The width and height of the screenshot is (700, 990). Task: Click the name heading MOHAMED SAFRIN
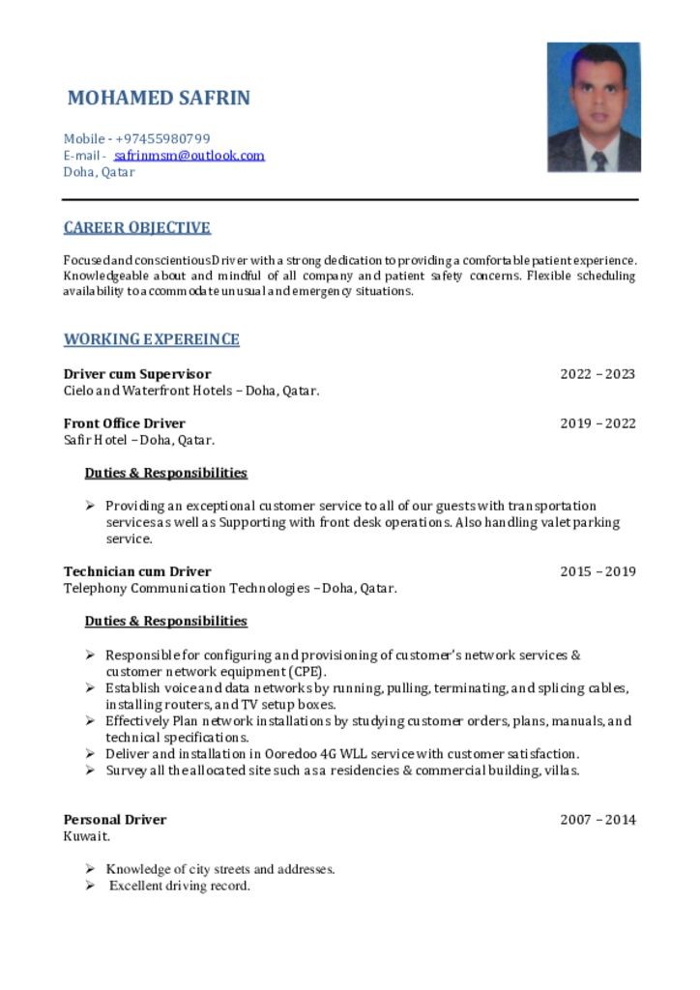click(159, 99)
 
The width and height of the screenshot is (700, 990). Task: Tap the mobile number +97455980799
click(163, 138)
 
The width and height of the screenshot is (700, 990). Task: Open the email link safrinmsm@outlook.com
click(190, 155)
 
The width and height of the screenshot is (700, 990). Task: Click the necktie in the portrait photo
click(599, 160)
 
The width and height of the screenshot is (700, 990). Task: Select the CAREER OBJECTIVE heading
click(136, 228)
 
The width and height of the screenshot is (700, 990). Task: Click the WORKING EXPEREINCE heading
click(151, 339)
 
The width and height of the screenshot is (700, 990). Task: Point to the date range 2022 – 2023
click(598, 374)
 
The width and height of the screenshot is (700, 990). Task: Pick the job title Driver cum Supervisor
click(136, 374)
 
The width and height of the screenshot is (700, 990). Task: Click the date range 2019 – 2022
click(598, 423)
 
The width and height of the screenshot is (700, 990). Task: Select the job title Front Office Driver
click(124, 423)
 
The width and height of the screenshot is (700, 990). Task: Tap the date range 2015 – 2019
click(598, 571)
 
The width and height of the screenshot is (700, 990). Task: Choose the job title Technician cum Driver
click(136, 571)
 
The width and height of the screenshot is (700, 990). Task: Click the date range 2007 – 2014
click(598, 820)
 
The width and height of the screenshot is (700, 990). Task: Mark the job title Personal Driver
click(114, 820)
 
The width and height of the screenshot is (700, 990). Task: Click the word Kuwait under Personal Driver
click(86, 836)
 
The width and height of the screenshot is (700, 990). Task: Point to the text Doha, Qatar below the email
click(99, 172)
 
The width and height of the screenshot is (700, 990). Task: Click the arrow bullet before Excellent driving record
click(89, 886)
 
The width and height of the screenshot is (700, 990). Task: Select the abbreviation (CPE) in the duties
click(306, 672)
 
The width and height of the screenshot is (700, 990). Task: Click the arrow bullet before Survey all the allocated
click(89, 771)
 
